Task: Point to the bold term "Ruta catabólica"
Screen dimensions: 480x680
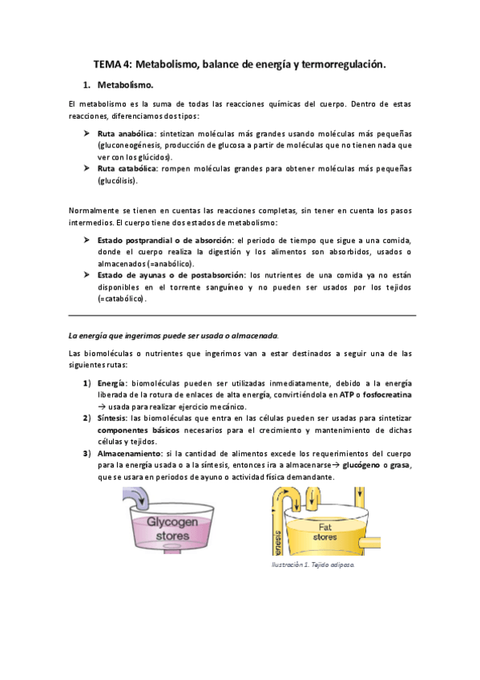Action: [126, 169]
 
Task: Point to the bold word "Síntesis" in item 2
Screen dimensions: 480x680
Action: [111, 417]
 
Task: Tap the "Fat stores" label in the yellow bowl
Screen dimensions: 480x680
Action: [325, 531]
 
